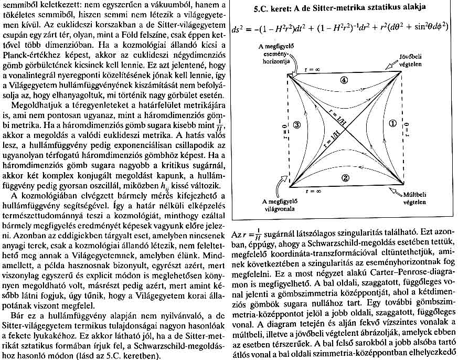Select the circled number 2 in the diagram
pos(344,177)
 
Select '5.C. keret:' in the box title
pos(276,7)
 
